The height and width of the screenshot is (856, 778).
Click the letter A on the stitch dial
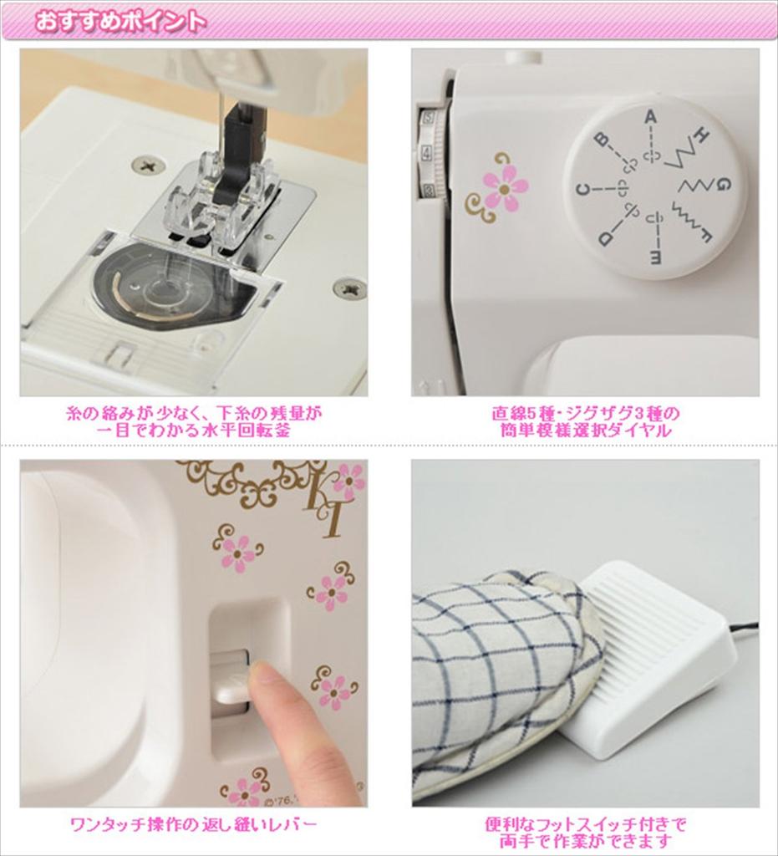[650, 118]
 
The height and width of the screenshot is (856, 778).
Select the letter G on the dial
[724, 183]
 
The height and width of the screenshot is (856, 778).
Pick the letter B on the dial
[600, 140]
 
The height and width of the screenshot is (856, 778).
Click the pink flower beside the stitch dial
[505, 187]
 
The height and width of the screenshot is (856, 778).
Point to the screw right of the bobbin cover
[349, 288]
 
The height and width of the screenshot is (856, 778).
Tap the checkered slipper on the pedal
[501, 669]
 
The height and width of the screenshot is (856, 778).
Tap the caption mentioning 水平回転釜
[193, 421]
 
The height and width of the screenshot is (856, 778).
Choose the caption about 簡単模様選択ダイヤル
[584, 421]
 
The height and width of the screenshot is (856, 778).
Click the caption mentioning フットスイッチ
[584, 833]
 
